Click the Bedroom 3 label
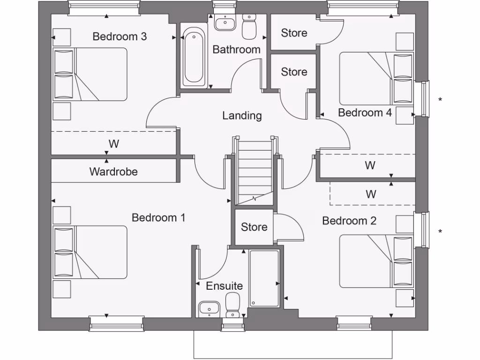pyautogui.click(x=120, y=37)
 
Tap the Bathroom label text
pyautogui.click(x=236, y=50)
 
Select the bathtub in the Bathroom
pyautogui.click(x=194, y=57)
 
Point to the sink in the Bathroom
pyautogui.click(x=226, y=22)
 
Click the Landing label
pyautogui.click(x=242, y=116)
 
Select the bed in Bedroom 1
pyautogui.click(x=90, y=252)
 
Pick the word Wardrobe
pyautogui.click(x=113, y=172)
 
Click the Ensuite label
pyautogui.click(x=225, y=286)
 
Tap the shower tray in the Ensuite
pyautogui.click(x=264, y=278)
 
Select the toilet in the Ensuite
pyautogui.click(x=232, y=305)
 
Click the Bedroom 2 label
pyautogui.click(x=349, y=221)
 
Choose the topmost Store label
pyautogui.click(x=294, y=33)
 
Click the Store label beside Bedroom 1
pyautogui.click(x=254, y=227)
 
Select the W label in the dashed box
pyautogui.click(x=371, y=194)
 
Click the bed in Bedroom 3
pyautogui.click(x=90, y=74)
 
